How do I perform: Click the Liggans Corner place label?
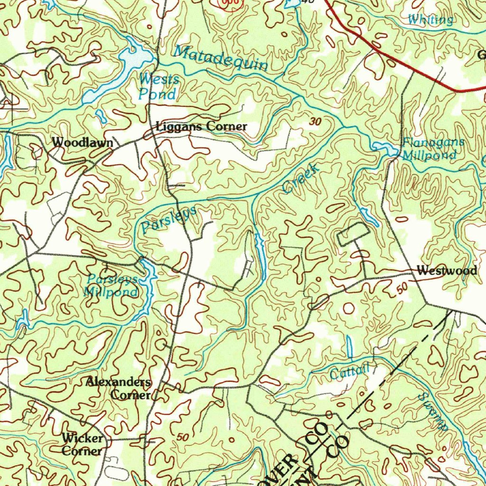click(x=201, y=127)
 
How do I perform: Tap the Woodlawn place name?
click(x=83, y=142)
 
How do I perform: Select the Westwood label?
click(x=447, y=271)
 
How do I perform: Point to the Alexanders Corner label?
click(x=119, y=388)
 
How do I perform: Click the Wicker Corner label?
click(x=82, y=444)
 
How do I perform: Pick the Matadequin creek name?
click(x=220, y=58)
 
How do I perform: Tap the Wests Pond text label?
click(x=158, y=87)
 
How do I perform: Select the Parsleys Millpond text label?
click(x=112, y=285)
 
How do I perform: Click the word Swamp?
click(x=433, y=411)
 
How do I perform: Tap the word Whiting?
click(x=430, y=19)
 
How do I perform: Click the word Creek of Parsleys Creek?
click(x=300, y=178)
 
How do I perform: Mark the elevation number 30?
click(x=315, y=122)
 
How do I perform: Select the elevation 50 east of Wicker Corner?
click(x=182, y=436)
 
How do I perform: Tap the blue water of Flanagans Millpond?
click(x=384, y=149)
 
